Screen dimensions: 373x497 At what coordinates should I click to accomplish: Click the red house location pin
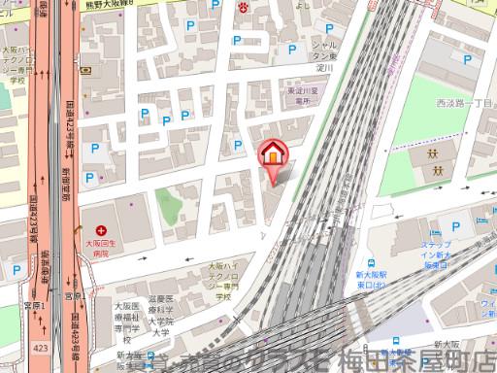[273, 156]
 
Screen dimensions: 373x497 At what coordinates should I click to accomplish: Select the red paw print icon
[244, 7]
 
